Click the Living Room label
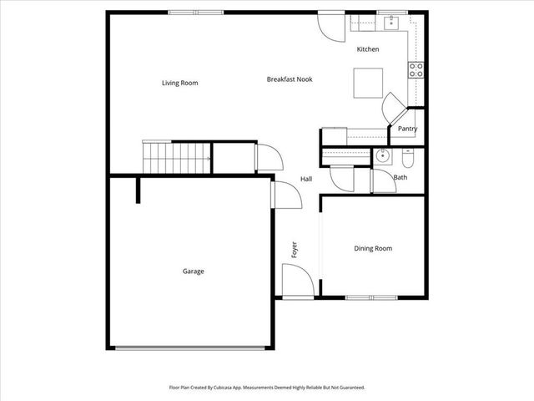click(x=179, y=83)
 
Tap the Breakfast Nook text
click(x=290, y=79)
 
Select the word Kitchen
click(x=368, y=49)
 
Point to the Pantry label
click(x=407, y=129)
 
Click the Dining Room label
click(x=373, y=248)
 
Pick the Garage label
click(x=194, y=271)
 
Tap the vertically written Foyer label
click(x=294, y=249)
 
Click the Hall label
click(x=306, y=179)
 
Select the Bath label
click(x=400, y=177)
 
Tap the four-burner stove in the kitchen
click(x=416, y=70)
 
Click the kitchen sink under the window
click(x=385, y=23)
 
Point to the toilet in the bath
click(x=408, y=156)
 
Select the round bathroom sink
click(x=383, y=155)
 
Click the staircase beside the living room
click(x=176, y=156)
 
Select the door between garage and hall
click(x=284, y=194)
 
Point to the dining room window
click(x=371, y=297)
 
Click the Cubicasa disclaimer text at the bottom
click(x=267, y=388)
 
